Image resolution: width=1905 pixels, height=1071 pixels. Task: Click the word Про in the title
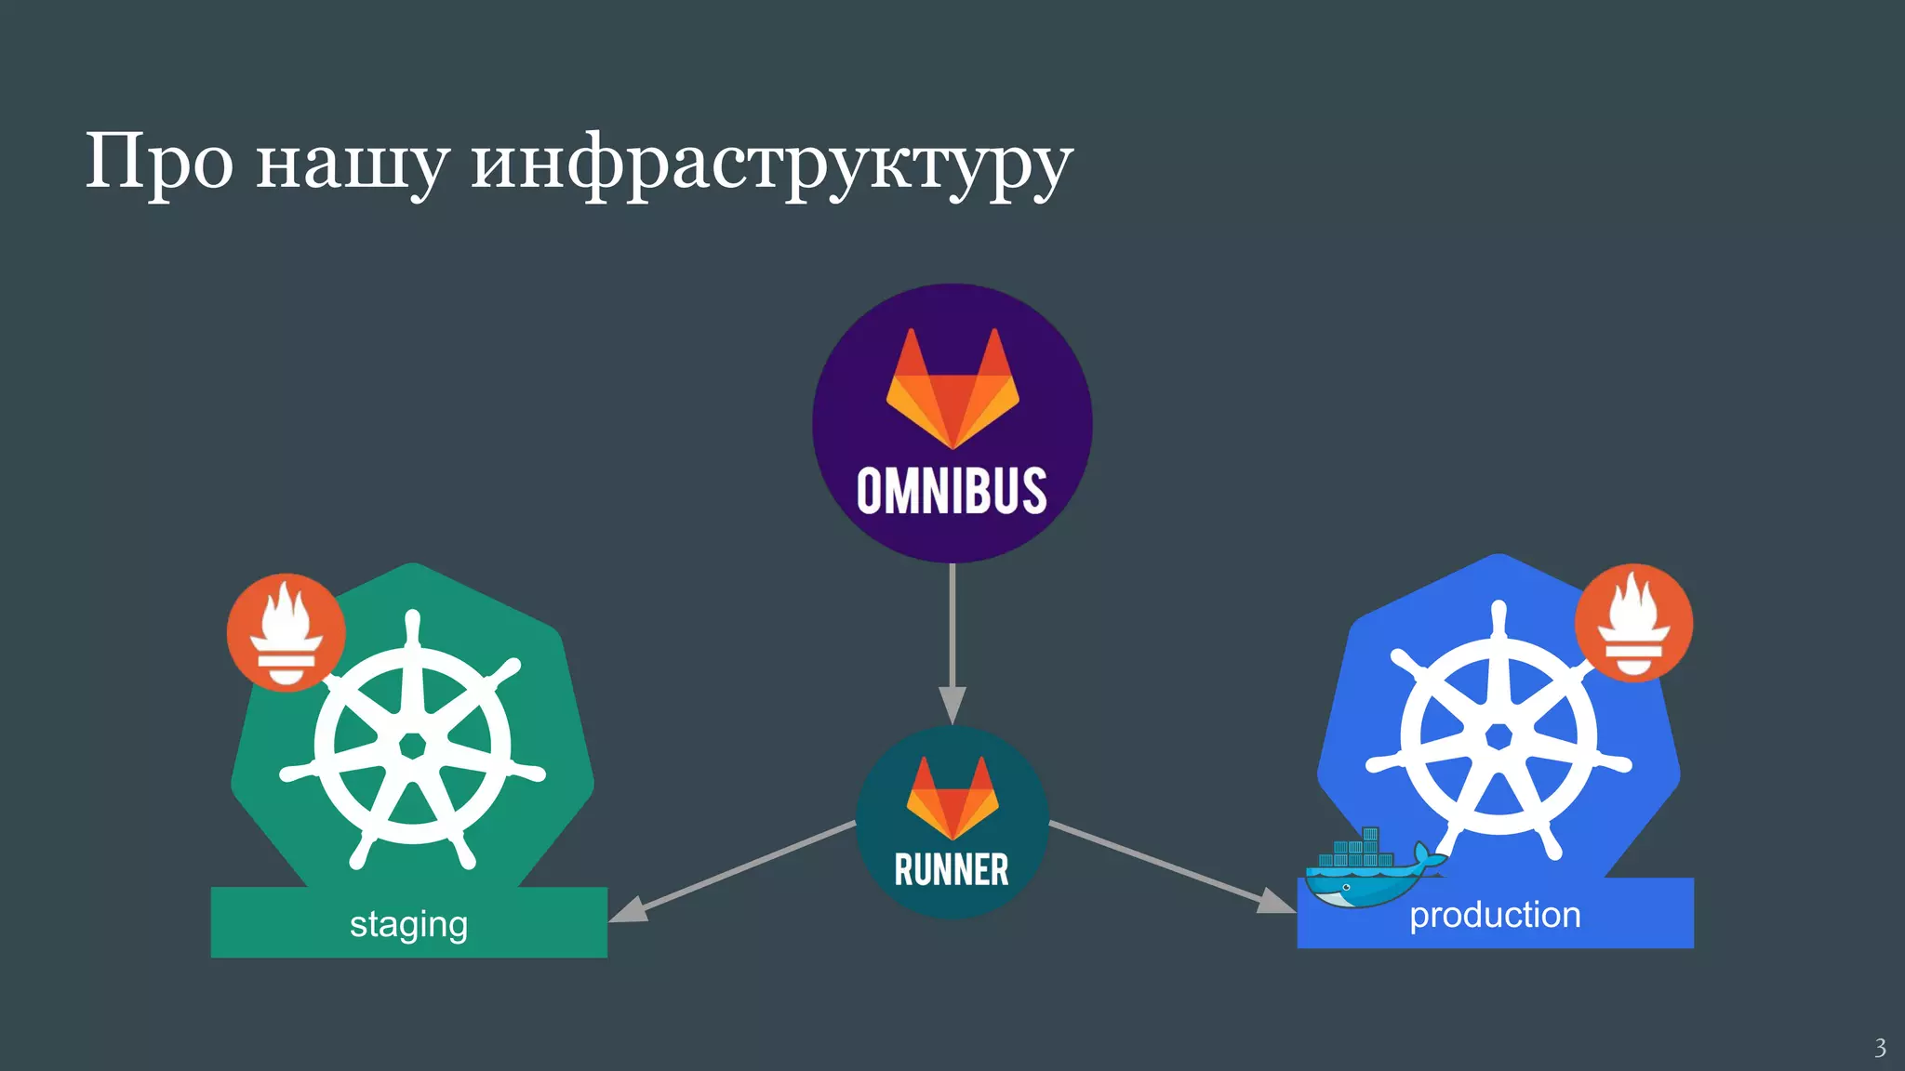(159, 162)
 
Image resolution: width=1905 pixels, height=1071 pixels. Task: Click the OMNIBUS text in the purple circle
(952, 491)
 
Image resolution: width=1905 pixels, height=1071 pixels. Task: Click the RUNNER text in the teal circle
(952, 870)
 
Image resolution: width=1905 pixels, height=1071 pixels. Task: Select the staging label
(408, 924)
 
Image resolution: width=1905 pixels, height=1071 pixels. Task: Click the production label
(1495, 915)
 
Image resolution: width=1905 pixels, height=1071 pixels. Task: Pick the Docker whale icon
(1367, 870)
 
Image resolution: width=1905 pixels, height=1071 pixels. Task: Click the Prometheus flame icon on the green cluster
(286, 632)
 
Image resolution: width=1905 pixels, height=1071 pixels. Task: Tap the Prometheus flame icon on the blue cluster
(1633, 623)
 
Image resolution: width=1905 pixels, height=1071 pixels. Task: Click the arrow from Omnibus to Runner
(952, 632)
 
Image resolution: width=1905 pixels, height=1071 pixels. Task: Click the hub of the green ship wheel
(412, 746)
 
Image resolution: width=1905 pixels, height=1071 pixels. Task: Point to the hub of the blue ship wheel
(1499, 736)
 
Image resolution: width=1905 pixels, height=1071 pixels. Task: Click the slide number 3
(1880, 1048)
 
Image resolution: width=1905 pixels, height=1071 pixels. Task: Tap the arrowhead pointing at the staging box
(629, 910)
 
